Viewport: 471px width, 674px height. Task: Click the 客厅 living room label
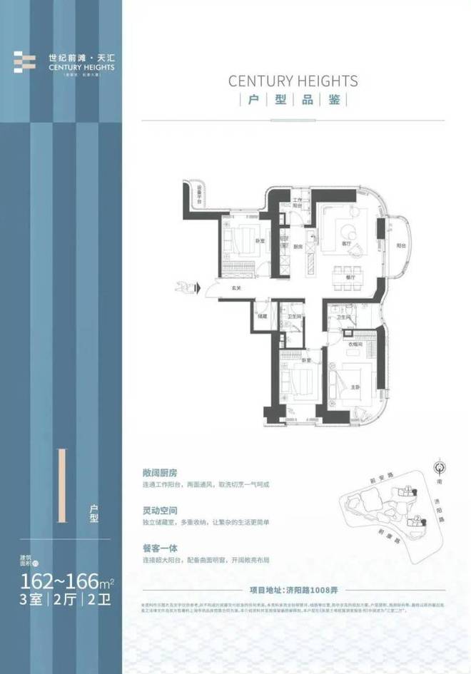[345, 244]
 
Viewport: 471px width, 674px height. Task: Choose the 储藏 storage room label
[263, 316]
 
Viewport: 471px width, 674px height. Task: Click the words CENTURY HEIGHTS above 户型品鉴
[293, 81]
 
